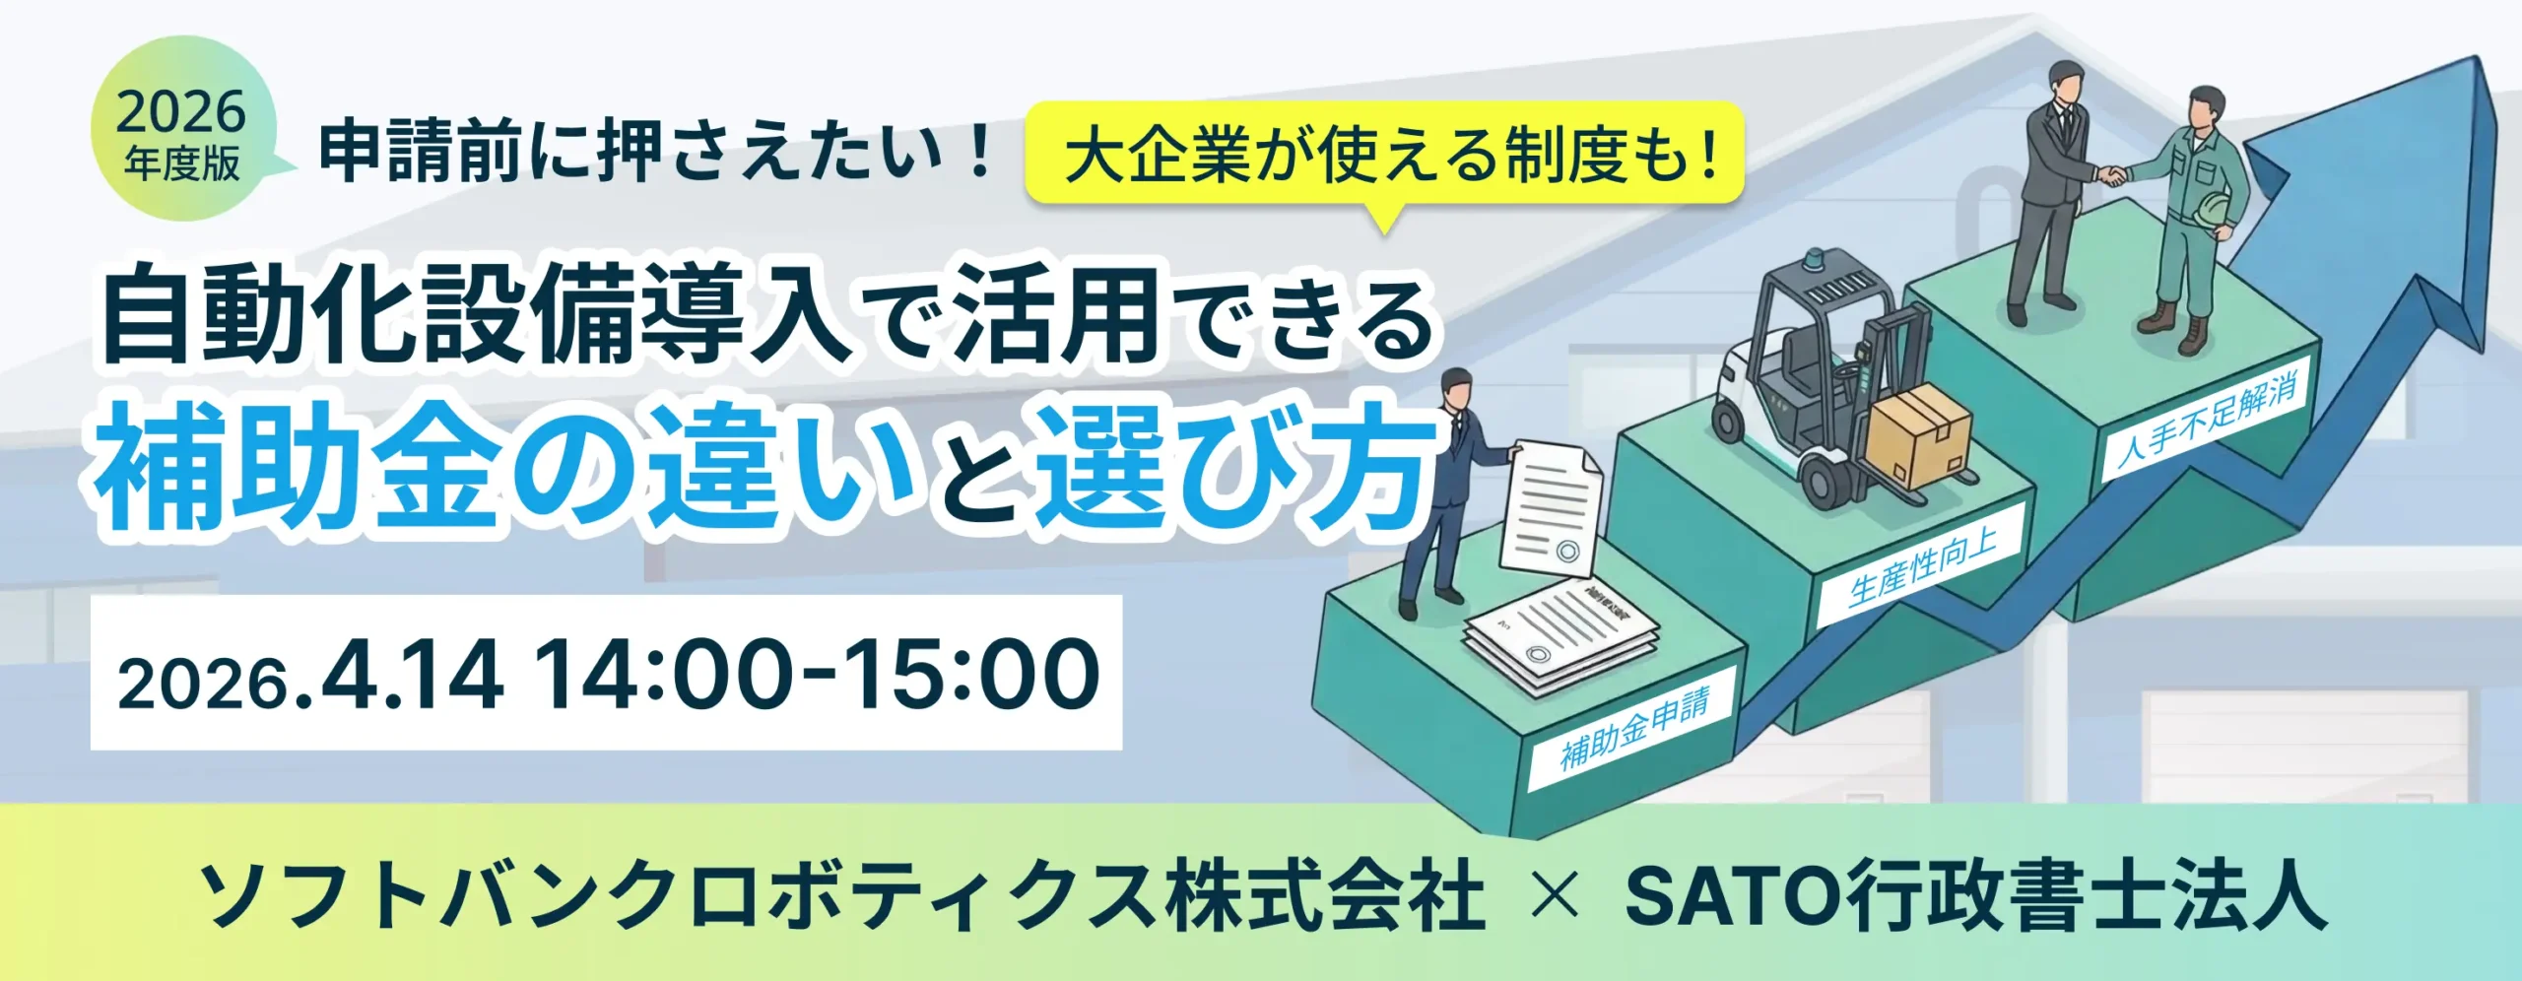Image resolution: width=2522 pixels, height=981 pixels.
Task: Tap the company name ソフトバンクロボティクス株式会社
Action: point(842,897)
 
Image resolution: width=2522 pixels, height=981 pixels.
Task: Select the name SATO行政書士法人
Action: point(1975,897)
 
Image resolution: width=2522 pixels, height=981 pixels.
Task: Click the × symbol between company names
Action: point(1557,897)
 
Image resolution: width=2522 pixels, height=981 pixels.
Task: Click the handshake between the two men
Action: point(2110,176)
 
